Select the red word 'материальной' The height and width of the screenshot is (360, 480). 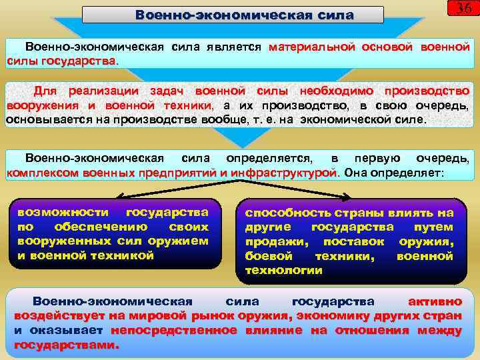[312, 48]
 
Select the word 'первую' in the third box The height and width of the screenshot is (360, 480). [377, 159]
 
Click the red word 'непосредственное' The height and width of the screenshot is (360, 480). [173, 330]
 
